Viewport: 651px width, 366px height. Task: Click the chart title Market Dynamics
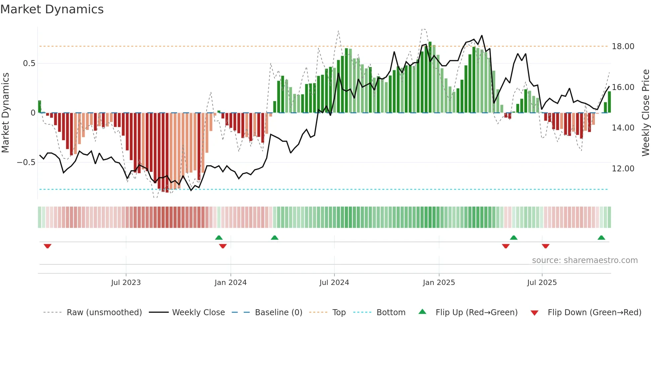tap(52, 9)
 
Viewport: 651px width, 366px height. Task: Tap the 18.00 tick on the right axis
tap(623, 46)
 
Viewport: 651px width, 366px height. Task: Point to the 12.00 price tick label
tap(623, 169)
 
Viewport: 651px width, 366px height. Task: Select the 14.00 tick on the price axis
tap(623, 128)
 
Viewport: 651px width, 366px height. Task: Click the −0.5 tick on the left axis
tap(26, 162)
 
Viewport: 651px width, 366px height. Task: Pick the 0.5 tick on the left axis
tap(29, 63)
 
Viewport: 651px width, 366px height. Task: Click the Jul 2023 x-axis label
tap(126, 283)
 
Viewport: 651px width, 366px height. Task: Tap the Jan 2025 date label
tap(439, 283)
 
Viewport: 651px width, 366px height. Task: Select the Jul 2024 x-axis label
tap(334, 283)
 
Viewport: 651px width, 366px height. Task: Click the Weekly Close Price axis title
tap(645, 113)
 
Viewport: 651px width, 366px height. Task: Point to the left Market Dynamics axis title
tap(5, 113)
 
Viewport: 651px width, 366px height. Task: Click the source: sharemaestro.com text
tap(585, 260)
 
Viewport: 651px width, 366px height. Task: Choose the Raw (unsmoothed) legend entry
tap(104, 313)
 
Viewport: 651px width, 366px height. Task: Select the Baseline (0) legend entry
tap(278, 313)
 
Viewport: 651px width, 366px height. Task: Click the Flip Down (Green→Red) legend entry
tap(594, 313)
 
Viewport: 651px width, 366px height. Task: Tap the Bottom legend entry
tap(391, 313)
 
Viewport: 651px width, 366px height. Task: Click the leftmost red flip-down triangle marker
tap(47, 246)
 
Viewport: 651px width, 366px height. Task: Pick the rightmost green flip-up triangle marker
tap(601, 237)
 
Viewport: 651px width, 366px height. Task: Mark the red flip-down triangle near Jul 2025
tap(545, 246)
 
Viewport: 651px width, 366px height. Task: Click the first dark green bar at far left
tap(40, 107)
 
